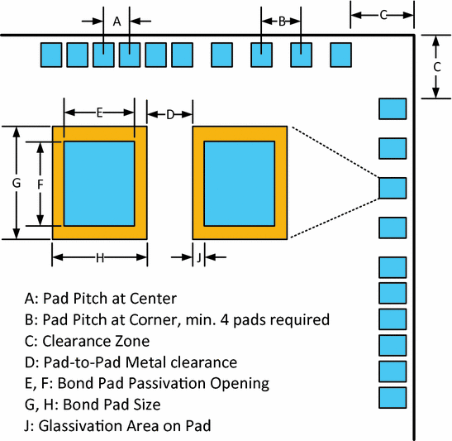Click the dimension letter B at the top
tap(281, 22)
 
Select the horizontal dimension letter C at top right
tap(383, 14)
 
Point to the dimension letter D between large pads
tap(169, 114)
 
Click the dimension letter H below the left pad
tap(99, 257)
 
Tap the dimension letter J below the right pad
tap(198, 257)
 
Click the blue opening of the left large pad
tap(99, 183)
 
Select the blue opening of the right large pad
tap(240, 183)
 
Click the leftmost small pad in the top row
tap(52, 55)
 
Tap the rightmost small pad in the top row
tap(341, 55)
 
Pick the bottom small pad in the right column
tap(393, 398)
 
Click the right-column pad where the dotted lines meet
tap(393, 188)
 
